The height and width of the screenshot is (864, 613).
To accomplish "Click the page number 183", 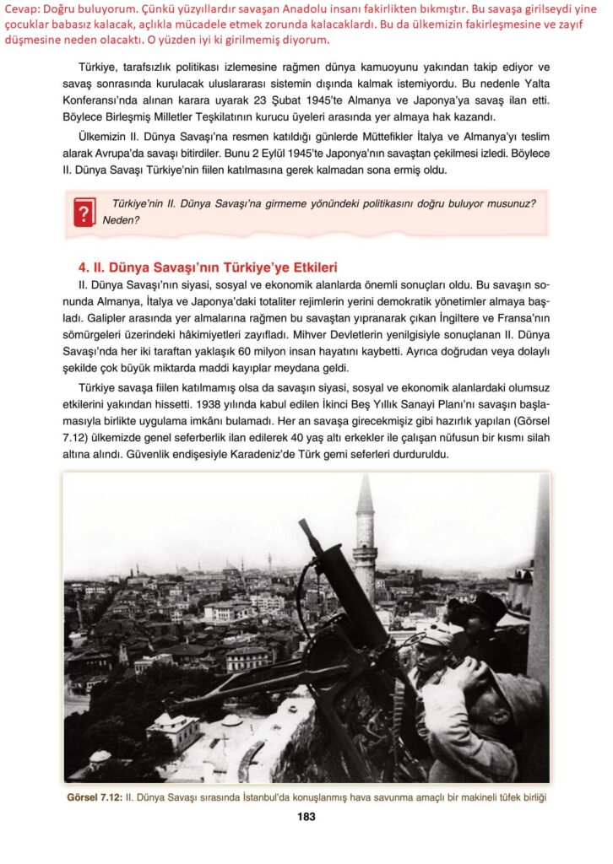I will pos(306,817).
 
